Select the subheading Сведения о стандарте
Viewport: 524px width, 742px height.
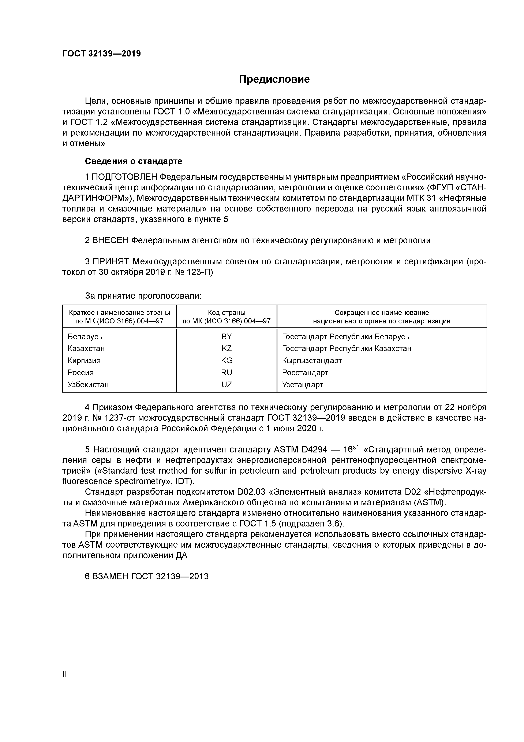(x=133, y=161)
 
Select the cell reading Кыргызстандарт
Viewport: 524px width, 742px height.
(x=312, y=360)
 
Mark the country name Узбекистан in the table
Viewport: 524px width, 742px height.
(x=88, y=385)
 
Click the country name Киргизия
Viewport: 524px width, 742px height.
(x=84, y=360)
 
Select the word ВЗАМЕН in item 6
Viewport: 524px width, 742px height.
(x=111, y=576)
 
